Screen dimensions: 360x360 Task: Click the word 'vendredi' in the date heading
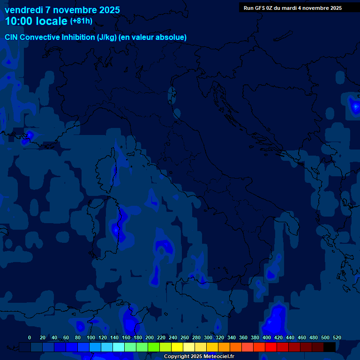pyautogui.click(x=23, y=10)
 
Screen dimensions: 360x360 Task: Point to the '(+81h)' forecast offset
pyautogui.click(x=81, y=21)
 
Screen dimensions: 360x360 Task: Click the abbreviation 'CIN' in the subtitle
pyautogui.click(x=12, y=37)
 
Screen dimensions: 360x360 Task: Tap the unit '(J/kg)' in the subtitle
pyautogui.click(x=107, y=37)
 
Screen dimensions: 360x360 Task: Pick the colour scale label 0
pyautogui.click(x=30, y=337)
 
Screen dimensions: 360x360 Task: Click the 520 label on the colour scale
pyautogui.click(x=337, y=337)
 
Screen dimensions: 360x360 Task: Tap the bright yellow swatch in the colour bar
pyautogui.click(x=177, y=347)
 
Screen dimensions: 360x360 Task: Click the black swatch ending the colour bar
pyautogui.click(x=330, y=347)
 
